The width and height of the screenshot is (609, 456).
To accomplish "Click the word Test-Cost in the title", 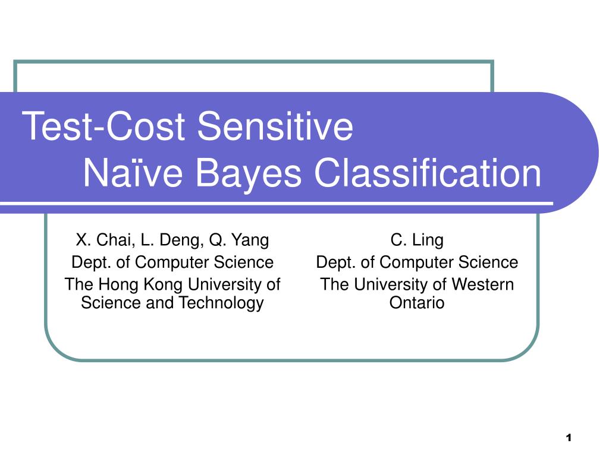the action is (x=103, y=126).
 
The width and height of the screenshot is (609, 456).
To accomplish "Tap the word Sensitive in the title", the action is (x=275, y=126).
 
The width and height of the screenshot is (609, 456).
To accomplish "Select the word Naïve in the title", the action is (x=133, y=173).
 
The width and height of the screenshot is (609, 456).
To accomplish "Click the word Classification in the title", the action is (x=428, y=173).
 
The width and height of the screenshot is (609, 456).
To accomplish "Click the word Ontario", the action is (x=417, y=303).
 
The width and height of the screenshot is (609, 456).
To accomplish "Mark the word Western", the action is (x=483, y=284).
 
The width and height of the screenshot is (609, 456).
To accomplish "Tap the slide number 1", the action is (x=569, y=438).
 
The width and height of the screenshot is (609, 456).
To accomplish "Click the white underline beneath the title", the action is (x=277, y=203).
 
